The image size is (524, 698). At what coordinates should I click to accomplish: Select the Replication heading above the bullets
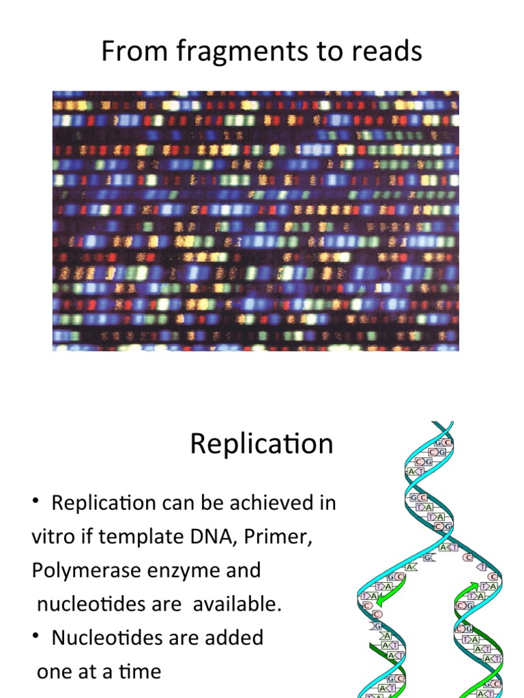coord(261,444)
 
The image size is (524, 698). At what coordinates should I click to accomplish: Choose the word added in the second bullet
coord(234,637)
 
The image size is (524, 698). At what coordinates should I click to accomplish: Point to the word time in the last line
coord(139,671)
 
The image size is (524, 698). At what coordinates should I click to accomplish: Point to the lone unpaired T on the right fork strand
coord(482,567)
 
